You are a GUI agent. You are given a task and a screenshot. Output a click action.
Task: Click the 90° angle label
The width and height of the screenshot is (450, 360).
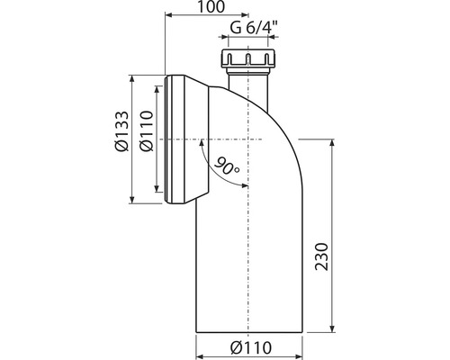pos(226,166)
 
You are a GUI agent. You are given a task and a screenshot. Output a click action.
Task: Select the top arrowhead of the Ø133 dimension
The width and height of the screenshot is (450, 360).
pos(133,81)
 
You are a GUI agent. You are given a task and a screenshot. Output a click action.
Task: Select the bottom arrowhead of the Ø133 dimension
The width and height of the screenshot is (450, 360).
pos(133,202)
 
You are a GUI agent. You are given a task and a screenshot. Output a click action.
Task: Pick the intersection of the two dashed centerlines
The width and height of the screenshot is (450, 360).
pos(248,140)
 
